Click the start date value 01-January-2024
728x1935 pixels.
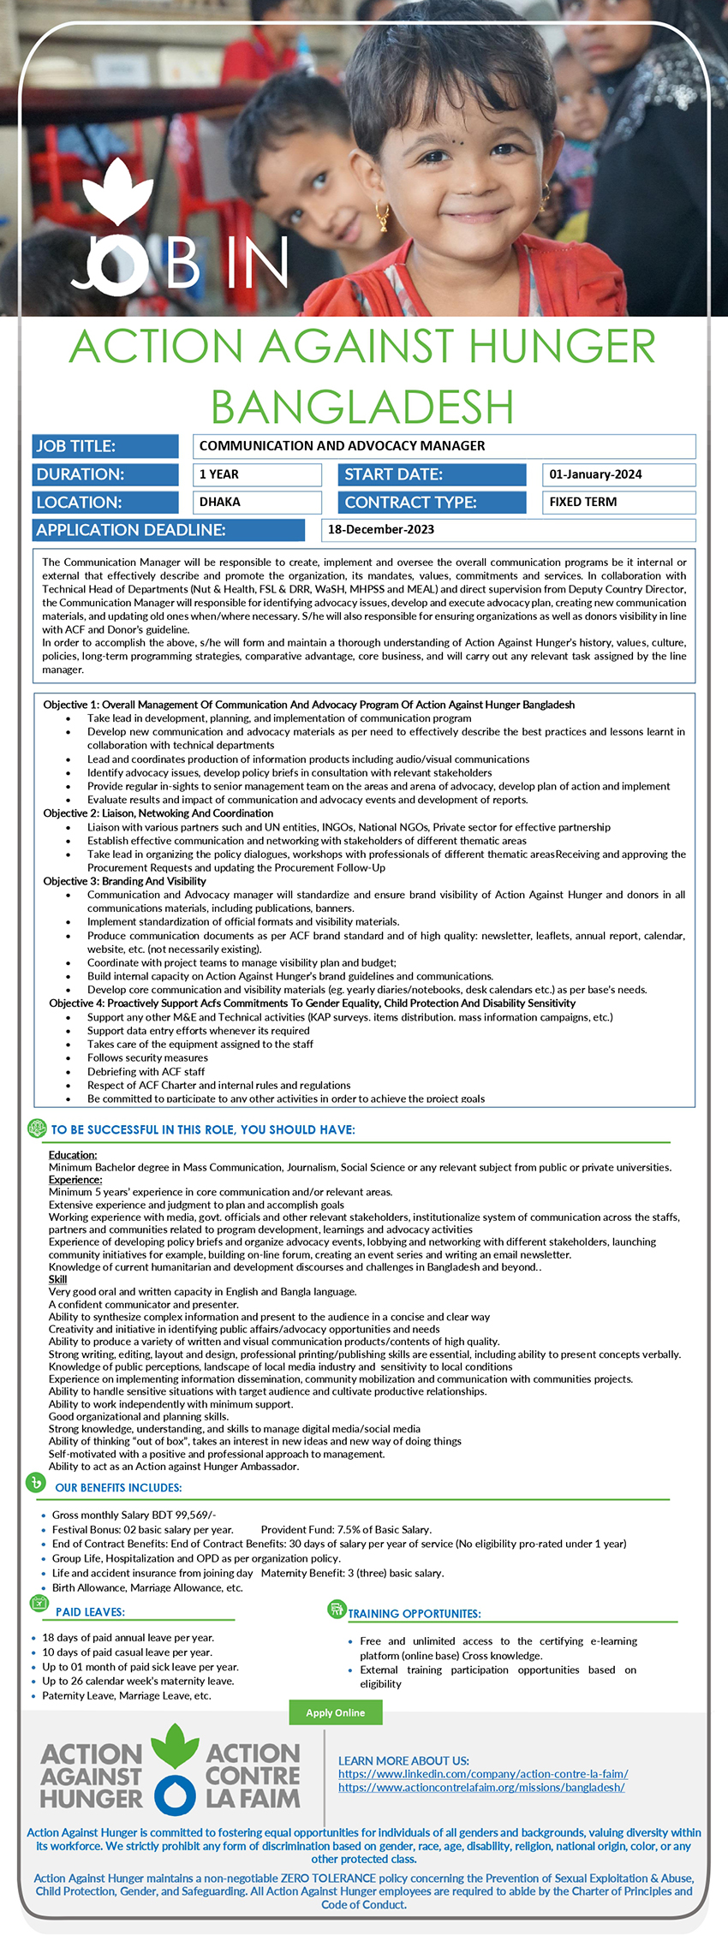[595, 474]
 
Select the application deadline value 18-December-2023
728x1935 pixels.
[381, 529]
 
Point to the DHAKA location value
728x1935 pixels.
[220, 502]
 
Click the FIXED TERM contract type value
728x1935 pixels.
[583, 502]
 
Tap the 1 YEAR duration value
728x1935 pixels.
[219, 474]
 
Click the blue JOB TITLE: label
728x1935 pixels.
[76, 446]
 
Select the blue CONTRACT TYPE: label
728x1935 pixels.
[410, 503]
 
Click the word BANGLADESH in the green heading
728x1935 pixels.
[362, 407]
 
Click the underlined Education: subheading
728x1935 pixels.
[73, 1155]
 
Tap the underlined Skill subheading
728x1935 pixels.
[57, 1279]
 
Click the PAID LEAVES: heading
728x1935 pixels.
[90, 1612]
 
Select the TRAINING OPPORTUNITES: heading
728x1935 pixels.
[415, 1614]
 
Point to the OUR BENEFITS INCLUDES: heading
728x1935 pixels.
[118, 1488]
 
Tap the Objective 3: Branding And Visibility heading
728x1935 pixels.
[125, 881]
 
